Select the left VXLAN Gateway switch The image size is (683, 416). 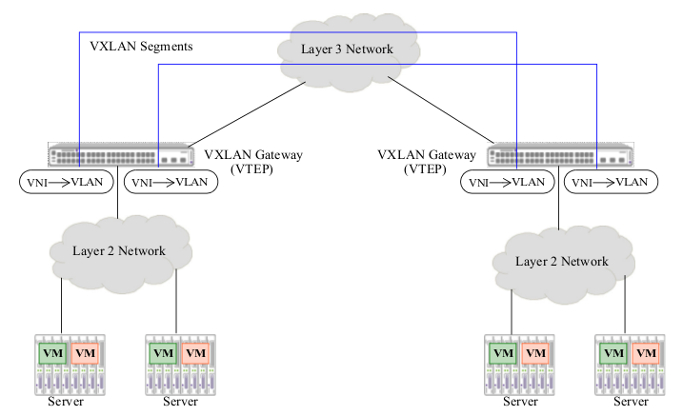coord(118,156)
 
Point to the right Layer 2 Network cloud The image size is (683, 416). coord(561,261)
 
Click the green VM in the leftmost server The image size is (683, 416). coord(51,353)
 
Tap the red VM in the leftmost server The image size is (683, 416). coord(86,353)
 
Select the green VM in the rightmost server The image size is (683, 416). coord(611,353)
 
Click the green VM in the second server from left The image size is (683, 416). coord(162,353)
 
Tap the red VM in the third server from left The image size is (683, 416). coord(536,353)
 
